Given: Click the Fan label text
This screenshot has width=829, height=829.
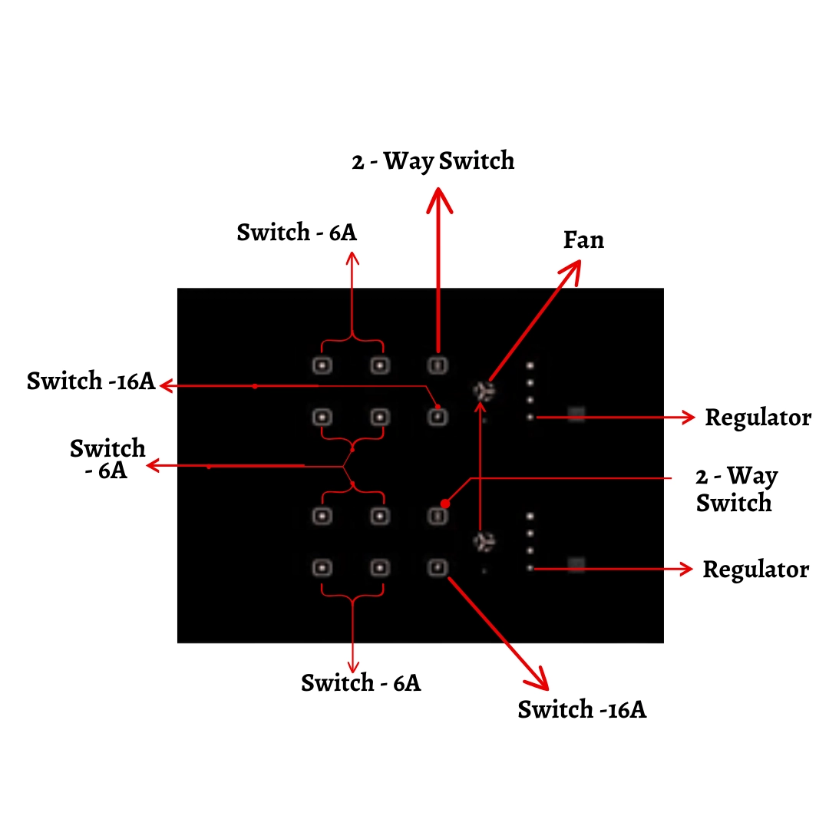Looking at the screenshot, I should (x=583, y=240).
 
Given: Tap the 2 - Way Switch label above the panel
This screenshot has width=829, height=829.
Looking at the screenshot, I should (x=433, y=161).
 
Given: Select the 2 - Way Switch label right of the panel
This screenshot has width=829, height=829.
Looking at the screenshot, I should (x=735, y=490).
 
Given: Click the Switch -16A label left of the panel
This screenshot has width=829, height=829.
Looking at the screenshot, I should (x=91, y=381).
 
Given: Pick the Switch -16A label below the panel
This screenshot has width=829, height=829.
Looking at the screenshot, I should (x=582, y=709).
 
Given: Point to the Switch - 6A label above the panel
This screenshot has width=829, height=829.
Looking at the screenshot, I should (x=296, y=232).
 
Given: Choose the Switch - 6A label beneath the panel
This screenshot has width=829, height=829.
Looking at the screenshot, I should (x=361, y=682).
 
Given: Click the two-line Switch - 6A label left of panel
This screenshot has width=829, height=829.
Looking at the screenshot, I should (x=107, y=458).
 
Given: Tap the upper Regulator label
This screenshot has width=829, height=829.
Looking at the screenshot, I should (x=758, y=418).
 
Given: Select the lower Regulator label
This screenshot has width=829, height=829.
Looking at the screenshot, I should (x=755, y=570).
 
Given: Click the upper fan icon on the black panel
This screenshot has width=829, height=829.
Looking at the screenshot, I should (x=484, y=391).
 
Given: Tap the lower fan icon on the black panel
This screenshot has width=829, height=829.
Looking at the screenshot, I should (x=484, y=542).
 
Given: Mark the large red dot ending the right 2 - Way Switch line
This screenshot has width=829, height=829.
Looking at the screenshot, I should (x=444, y=504).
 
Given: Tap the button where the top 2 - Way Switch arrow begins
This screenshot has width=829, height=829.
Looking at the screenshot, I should (x=437, y=365).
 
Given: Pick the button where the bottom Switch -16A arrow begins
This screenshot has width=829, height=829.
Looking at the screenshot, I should (x=437, y=567).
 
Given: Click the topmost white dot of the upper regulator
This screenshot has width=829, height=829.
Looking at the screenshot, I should (x=530, y=365).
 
